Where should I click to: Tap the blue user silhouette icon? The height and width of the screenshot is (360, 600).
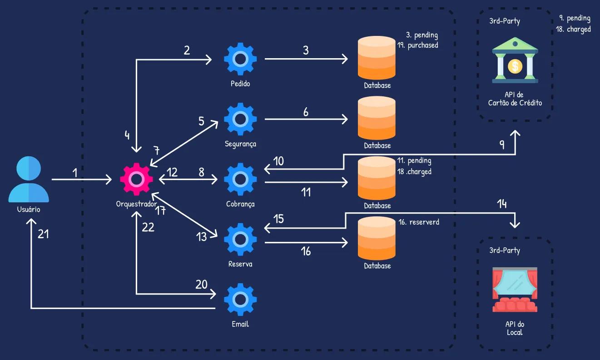coord(29,180)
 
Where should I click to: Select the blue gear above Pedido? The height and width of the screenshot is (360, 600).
coord(240,59)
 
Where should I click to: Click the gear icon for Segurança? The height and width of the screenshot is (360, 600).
coord(240,119)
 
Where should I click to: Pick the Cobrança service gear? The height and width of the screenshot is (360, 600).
coord(240,180)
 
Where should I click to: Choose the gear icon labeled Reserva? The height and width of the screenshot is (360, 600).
coord(240,239)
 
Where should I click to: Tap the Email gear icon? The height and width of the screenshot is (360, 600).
coord(240,299)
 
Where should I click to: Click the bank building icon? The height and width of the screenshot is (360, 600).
coord(515,61)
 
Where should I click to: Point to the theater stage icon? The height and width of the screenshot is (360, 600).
coord(515,290)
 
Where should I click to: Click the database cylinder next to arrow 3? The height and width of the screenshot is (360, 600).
coord(377,58)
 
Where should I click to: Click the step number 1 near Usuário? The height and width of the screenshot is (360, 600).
coord(75,173)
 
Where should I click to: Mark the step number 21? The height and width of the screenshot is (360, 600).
coord(43,234)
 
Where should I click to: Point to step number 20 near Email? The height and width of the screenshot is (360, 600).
coord(201,285)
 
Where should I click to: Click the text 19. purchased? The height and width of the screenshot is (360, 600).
coord(417,45)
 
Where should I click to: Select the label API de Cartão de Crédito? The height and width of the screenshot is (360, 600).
coord(515,99)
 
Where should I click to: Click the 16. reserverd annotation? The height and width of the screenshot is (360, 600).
coord(418,222)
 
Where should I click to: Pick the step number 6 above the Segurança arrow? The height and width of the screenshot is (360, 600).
coord(306,112)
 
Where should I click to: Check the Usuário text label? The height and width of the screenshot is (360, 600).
coord(29,210)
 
